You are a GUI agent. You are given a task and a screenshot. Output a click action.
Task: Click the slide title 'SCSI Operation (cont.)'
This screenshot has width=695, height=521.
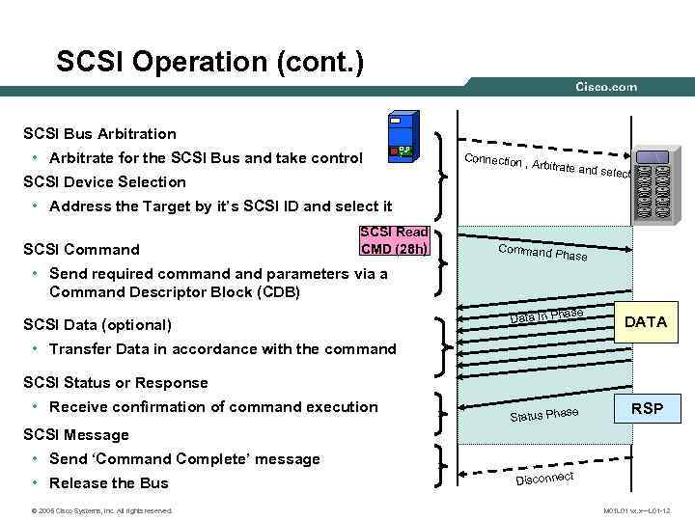(x=210, y=63)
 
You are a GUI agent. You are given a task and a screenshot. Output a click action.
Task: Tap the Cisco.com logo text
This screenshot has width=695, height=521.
(x=606, y=87)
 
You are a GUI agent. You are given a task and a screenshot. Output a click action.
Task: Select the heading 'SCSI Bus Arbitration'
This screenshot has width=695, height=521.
(x=100, y=134)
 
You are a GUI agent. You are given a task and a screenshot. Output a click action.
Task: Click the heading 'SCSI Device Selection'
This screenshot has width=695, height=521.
(x=104, y=181)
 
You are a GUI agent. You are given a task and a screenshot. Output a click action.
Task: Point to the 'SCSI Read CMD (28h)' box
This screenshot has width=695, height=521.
(x=394, y=241)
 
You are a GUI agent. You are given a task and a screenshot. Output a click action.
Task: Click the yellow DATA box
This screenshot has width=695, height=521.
(x=646, y=322)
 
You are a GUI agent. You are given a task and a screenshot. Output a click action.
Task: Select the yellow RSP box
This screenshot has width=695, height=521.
(x=646, y=408)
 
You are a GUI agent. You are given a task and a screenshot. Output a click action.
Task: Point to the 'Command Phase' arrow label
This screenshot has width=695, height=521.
(x=542, y=254)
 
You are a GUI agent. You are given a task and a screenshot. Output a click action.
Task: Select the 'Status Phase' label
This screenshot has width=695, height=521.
(x=543, y=415)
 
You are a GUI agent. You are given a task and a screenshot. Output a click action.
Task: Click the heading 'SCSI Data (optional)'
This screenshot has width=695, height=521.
(x=97, y=325)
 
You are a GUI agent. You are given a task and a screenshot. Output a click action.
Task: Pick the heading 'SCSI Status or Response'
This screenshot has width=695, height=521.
(x=115, y=383)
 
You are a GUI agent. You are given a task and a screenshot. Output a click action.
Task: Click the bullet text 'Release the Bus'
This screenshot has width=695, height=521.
(x=108, y=482)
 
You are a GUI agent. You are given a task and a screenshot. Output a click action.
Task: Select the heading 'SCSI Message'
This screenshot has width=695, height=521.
(x=75, y=435)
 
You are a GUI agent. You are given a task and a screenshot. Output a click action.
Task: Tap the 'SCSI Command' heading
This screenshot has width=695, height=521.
(x=81, y=250)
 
